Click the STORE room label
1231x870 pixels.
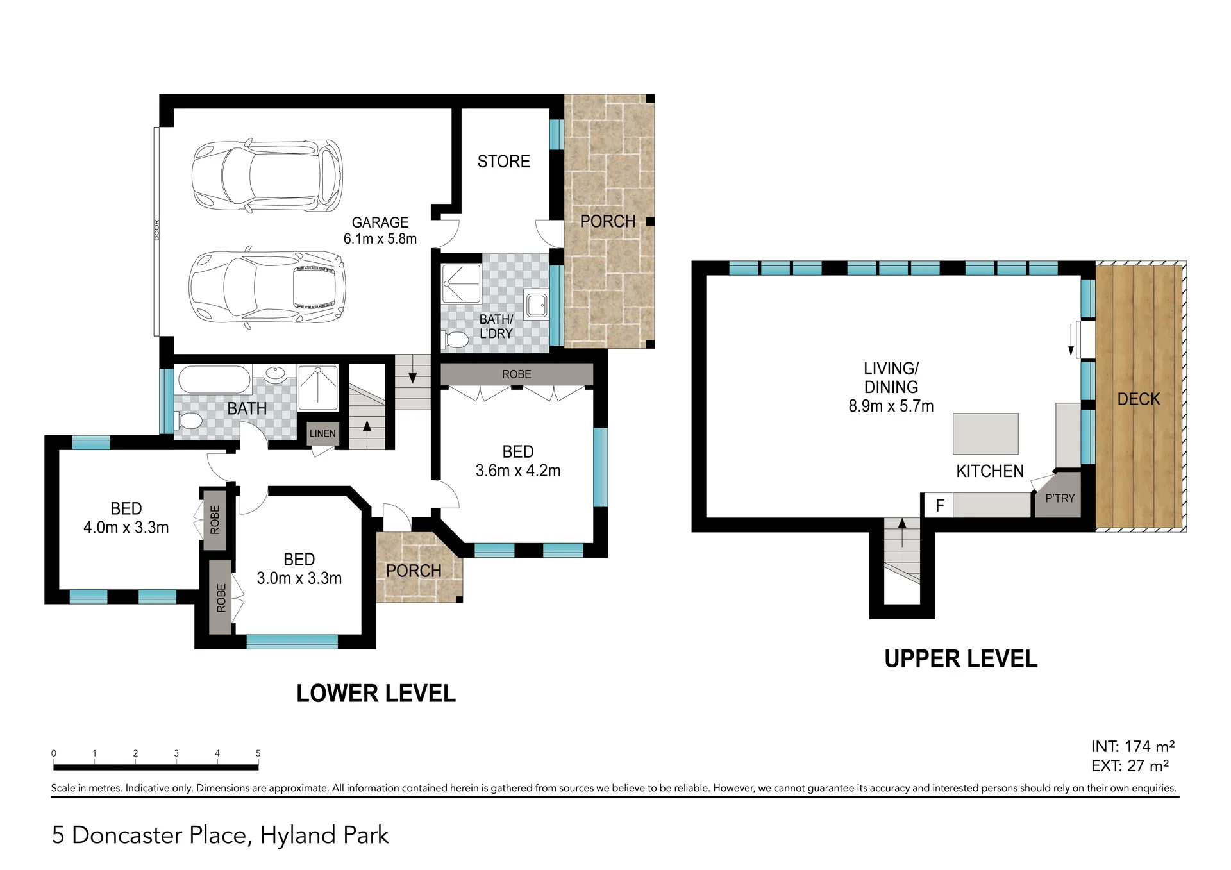pos(503,162)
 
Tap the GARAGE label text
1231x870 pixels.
pos(380,222)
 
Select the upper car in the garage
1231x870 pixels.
pos(267,176)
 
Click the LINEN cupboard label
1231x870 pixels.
pos(322,433)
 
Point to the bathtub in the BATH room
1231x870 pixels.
pos(214,380)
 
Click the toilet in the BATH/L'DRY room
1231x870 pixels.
pos(456,340)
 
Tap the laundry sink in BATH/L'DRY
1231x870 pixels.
pos(536,305)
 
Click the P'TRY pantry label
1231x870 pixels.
pos(1060,498)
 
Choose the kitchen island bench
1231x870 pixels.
pos(985,434)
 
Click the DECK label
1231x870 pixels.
pos(1139,399)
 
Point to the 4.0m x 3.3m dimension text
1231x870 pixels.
pos(126,528)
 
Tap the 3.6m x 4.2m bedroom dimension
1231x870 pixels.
pos(518,471)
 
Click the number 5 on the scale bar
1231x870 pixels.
pos(258,753)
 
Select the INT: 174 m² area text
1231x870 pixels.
pos(1133,746)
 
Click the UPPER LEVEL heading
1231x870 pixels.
pos(960,659)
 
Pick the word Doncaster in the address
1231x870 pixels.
pos(159,835)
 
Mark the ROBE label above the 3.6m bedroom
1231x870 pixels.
pos(517,374)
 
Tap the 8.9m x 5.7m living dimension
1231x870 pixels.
pos(891,406)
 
